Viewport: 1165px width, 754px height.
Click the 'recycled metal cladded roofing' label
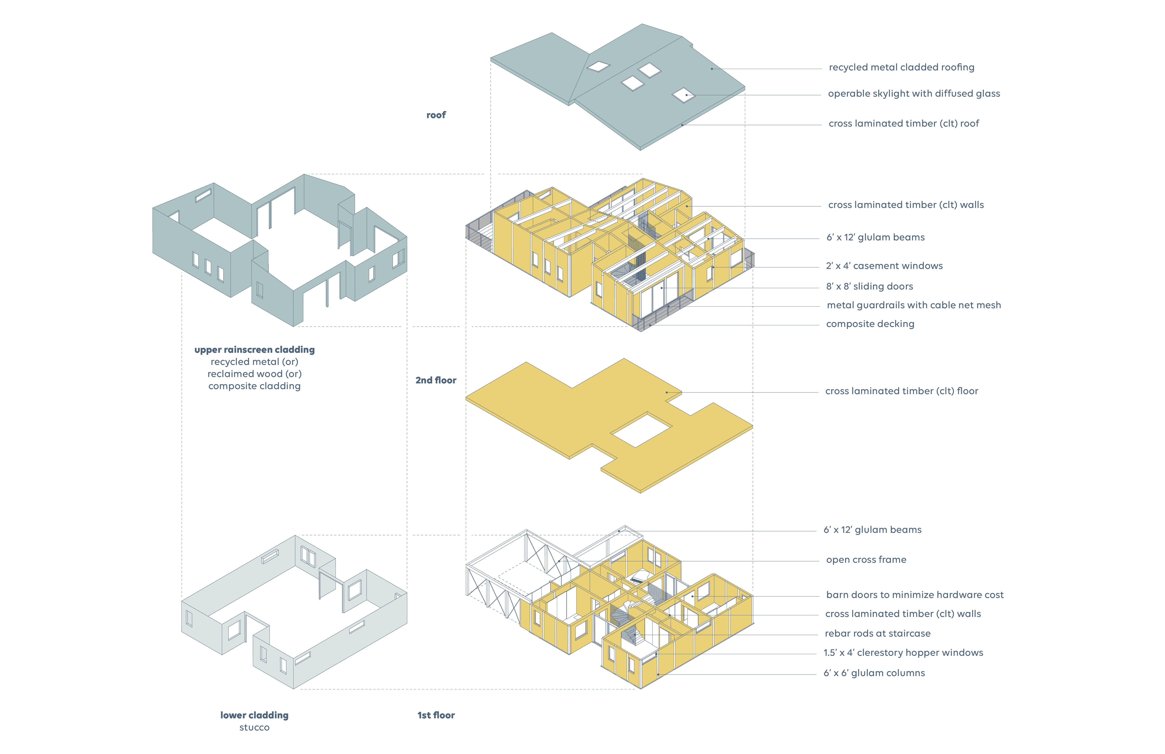pyautogui.click(x=901, y=68)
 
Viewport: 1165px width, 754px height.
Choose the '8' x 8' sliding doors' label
pyautogui.click(x=869, y=287)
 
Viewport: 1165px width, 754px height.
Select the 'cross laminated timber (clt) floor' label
pyautogui.click(x=901, y=391)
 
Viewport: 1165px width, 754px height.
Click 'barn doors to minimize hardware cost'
pyautogui.click(x=914, y=595)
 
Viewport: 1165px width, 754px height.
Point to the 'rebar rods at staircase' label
pyautogui.click(x=877, y=634)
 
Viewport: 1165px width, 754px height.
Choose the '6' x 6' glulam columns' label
pyautogui.click(x=874, y=673)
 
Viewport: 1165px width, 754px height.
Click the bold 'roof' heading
pyautogui.click(x=436, y=115)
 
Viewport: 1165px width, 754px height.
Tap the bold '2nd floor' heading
pyautogui.click(x=436, y=380)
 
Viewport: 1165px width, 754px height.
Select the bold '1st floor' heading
pyautogui.click(x=436, y=715)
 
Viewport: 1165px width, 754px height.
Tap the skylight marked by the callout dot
pyautogui.click(x=683, y=95)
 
